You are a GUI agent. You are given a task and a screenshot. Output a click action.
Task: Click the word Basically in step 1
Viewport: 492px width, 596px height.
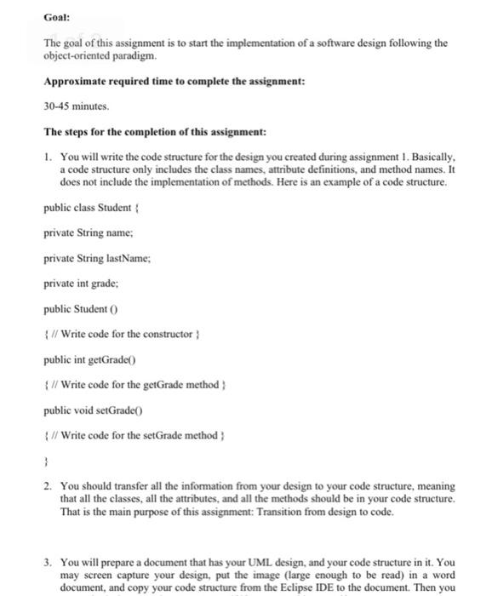432,158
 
